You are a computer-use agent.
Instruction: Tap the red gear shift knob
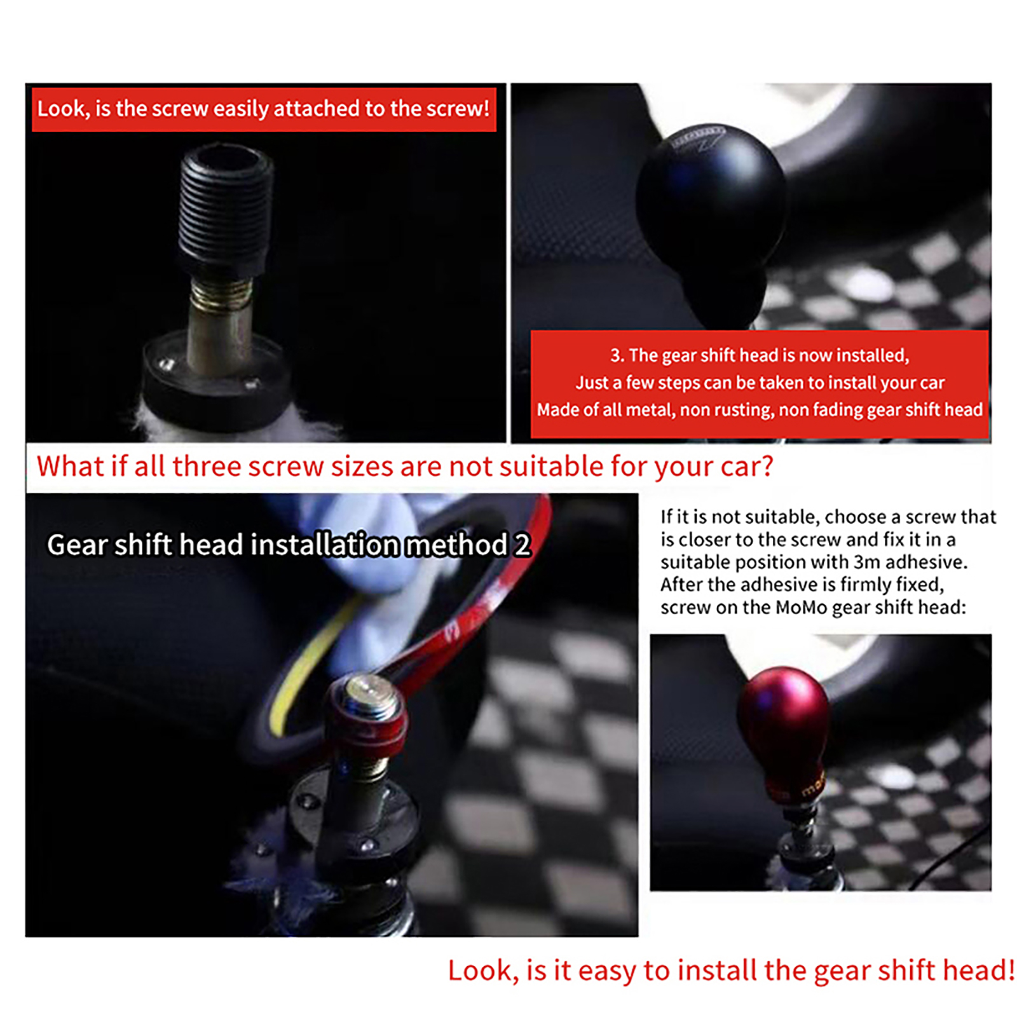(784, 731)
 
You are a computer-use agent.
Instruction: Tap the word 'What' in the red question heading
(71, 466)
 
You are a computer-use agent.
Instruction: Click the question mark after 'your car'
(767, 466)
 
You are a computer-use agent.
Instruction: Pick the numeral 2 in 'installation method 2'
(522, 545)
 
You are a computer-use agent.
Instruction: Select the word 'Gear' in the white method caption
(77, 545)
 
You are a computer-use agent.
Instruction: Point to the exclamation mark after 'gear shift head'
(1011, 971)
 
